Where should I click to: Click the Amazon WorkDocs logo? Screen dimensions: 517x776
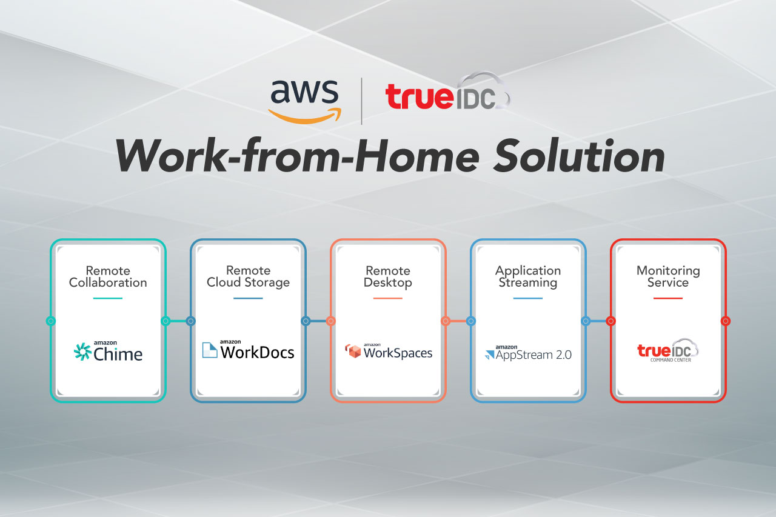248,350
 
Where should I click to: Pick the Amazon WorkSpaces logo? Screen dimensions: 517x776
388,352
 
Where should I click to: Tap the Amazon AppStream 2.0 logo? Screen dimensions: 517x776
528,353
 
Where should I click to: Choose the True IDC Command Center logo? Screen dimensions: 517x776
668,350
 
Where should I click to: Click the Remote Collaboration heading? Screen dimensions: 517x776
108,276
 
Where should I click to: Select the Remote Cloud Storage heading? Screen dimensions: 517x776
248,276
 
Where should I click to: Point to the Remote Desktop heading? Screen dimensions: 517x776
388,276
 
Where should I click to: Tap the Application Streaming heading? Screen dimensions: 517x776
528,276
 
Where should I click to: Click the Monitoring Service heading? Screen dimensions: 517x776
668,276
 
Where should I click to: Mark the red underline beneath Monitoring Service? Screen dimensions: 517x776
668,298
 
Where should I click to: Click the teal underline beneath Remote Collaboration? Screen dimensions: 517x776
108,298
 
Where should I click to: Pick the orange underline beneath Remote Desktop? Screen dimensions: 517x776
388,298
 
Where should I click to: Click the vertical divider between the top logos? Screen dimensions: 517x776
362,101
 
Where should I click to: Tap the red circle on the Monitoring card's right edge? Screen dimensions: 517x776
725,321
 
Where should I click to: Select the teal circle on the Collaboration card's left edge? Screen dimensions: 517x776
51,321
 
